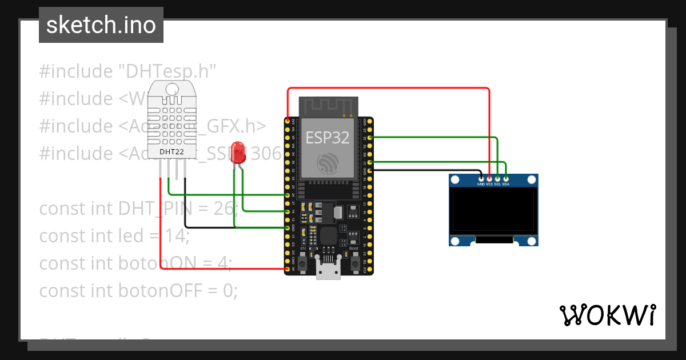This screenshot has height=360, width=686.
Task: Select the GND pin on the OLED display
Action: (x=481, y=179)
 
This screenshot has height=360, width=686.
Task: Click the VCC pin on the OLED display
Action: (x=489, y=179)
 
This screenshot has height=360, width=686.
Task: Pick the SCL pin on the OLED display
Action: (x=497, y=179)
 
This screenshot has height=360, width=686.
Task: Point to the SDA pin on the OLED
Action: (x=505, y=179)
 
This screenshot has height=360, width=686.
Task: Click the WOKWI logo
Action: (x=607, y=315)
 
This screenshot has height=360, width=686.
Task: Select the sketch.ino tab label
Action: (x=101, y=25)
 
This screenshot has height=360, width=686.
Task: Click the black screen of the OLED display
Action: (x=493, y=212)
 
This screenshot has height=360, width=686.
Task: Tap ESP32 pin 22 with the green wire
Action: (x=370, y=138)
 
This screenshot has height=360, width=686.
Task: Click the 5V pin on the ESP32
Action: (x=288, y=268)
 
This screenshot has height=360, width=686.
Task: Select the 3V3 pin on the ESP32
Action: (x=288, y=121)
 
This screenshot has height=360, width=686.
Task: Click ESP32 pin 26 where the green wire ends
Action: (x=288, y=195)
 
